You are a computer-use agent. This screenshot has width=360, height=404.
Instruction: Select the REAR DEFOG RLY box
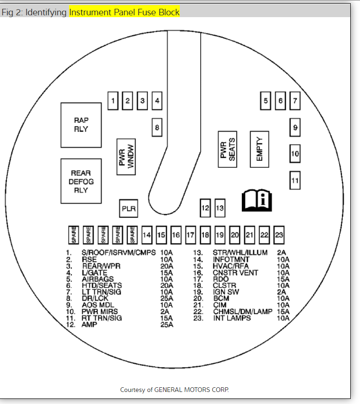(81, 181)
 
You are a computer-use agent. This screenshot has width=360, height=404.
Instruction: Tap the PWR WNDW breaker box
(126, 156)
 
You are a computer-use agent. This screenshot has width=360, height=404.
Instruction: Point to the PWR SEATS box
(227, 149)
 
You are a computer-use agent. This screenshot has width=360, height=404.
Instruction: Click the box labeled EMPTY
(259, 149)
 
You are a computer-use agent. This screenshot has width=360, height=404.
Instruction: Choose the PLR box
(128, 209)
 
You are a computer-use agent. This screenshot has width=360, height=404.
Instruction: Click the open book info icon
(257, 200)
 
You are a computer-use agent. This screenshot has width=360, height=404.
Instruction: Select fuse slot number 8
(157, 127)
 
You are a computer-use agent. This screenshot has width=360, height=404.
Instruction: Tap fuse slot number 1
(113, 100)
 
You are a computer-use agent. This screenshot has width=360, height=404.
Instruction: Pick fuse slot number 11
(295, 180)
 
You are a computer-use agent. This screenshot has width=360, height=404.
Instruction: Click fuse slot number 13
(220, 208)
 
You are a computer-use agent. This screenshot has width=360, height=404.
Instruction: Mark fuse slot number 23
(279, 235)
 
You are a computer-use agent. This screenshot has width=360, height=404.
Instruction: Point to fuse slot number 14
(147, 235)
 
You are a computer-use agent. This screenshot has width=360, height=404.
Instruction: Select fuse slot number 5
(265, 100)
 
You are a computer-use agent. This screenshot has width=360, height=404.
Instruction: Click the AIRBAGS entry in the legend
(98, 279)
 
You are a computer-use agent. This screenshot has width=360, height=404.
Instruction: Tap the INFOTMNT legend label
(231, 259)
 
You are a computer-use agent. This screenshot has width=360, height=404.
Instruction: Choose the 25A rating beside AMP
(166, 325)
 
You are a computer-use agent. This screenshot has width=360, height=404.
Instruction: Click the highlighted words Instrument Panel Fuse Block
(124, 12)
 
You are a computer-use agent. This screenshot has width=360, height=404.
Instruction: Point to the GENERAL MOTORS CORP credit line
(174, 390)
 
